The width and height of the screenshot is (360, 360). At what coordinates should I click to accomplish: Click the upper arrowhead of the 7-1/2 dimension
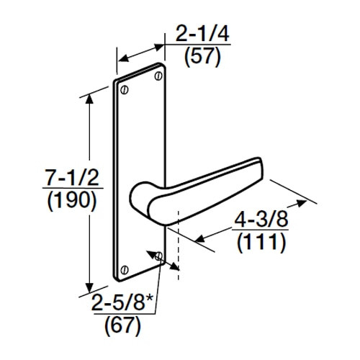pyautogui.click(x=89, y=96)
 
